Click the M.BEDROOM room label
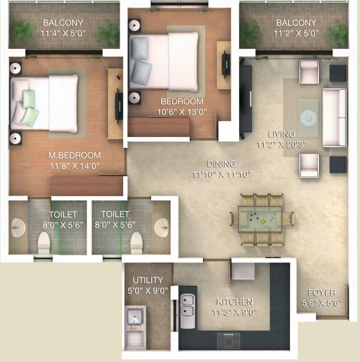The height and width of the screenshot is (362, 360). [66, 154]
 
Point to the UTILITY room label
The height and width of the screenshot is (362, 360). [148, 280]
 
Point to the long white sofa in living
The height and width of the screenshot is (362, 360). [334, 117]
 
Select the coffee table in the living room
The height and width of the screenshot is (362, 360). [309, 111]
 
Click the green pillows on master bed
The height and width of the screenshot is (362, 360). [29, 106]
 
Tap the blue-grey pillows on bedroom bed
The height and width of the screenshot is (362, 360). [141, 57]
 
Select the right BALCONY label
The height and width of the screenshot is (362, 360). [295, 24]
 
